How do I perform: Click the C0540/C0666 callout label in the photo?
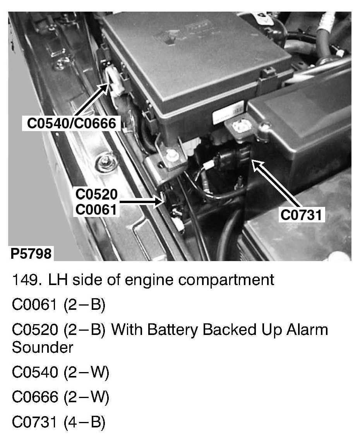tap(72, 123)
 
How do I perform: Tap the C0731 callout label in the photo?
tap(301, 215)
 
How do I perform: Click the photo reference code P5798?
tap(31, 253)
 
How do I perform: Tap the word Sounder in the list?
tap(43, 347)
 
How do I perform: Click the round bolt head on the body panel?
tap(105, 164)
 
